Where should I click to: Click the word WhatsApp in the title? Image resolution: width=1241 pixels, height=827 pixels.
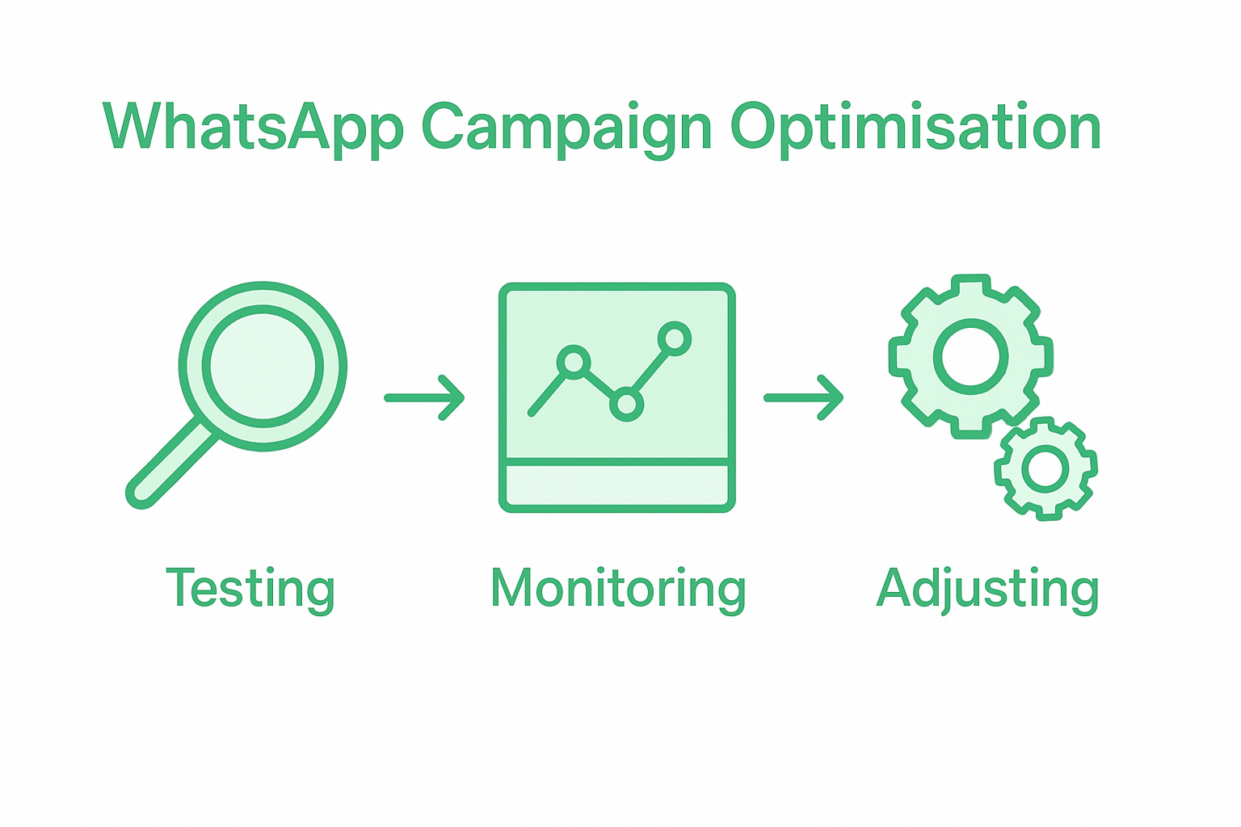point(252,128)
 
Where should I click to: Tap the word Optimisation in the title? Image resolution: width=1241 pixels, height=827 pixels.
point(915,128)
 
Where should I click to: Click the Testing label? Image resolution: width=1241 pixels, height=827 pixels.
point(250,589)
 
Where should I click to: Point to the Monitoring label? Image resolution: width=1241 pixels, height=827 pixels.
point(618,589)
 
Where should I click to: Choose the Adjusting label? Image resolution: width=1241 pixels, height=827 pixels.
point(987,589)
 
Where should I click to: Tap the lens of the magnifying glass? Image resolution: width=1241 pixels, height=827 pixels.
point(263,365)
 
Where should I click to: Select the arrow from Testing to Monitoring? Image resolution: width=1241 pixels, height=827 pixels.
point(425,397)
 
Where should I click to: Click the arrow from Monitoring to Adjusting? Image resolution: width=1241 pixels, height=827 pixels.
point(804,397)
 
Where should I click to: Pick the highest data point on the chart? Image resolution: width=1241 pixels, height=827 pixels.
point(675,338)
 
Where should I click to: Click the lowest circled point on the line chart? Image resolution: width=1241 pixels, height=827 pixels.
point(626,404)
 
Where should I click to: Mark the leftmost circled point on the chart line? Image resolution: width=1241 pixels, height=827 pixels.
point(574,361)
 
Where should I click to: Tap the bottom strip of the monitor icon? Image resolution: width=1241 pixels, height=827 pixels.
point(617,486)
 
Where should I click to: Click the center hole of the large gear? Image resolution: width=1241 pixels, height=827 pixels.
point(970,356)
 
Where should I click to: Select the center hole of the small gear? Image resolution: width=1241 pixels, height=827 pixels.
point(1045,468)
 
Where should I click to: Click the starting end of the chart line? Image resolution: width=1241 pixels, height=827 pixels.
point(532,413)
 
